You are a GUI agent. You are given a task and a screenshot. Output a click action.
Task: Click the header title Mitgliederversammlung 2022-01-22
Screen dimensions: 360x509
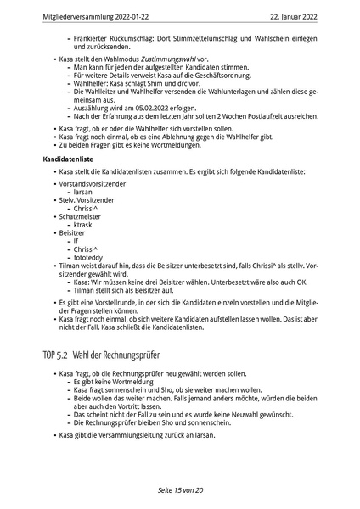(x=82, y=14)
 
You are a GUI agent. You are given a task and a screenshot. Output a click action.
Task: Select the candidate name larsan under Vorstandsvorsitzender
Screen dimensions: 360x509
(x=84, y=193)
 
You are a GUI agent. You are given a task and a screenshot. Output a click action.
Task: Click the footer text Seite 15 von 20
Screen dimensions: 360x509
(x=179, y=491)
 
